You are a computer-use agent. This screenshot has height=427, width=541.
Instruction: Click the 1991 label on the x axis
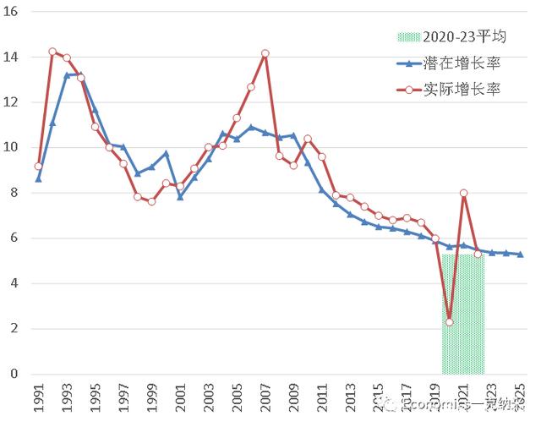39,397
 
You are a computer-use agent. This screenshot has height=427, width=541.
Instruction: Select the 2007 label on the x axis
265,397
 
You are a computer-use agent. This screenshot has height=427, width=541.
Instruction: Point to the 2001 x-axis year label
180,397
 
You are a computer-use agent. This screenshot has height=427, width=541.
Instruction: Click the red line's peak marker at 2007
265,53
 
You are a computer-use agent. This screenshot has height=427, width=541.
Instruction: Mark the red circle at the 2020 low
450,322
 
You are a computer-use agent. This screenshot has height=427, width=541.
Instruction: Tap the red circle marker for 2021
463,193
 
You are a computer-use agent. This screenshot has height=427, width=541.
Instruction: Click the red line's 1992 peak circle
52,52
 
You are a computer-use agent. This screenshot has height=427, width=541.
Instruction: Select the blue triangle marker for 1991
38,179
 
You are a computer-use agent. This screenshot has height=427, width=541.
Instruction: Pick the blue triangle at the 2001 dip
180,197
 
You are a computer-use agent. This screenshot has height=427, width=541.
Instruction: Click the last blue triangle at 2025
520,255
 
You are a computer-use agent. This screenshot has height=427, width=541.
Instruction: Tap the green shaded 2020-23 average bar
463,321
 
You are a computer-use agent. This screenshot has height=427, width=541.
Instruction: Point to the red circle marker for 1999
151,201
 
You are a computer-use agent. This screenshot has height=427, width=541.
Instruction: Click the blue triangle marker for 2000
166,154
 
